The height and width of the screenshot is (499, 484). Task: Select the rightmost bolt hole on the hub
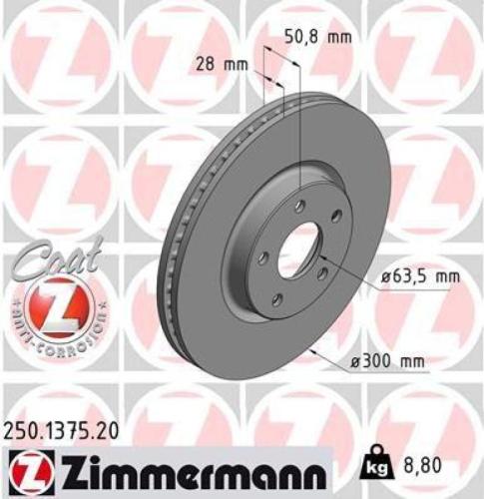(336, 217)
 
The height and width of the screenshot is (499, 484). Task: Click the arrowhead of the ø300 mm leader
(312, 348)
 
